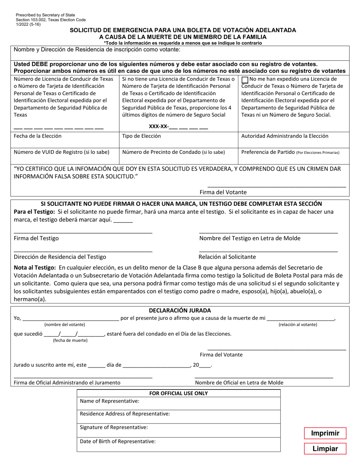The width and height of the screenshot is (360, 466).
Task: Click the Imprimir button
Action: [325, 433]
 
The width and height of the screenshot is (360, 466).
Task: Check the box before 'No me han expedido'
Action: [245, 80]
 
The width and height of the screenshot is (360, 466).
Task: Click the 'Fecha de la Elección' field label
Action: [38, 136]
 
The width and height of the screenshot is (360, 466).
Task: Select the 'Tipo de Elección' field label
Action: [141, 136]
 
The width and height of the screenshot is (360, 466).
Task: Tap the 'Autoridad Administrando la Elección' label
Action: [285, 136]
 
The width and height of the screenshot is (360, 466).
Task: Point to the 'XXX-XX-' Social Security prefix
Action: [159, 127]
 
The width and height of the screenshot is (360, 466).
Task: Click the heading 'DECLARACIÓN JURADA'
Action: [180, 311]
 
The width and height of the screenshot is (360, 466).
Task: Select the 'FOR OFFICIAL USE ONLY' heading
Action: [178, 393]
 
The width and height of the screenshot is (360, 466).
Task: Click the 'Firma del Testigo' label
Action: [36, 238]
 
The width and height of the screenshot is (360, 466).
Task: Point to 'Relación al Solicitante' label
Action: [227, 257]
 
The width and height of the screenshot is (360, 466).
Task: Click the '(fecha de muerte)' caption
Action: [70, 340]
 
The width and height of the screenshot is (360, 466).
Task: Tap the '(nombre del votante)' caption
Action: [64, 324]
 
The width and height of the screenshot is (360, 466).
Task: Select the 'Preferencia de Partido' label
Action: [268, 152]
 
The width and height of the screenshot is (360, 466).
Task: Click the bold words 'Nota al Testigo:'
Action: [35, 268]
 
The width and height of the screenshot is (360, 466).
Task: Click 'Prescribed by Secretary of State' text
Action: [45, 15]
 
